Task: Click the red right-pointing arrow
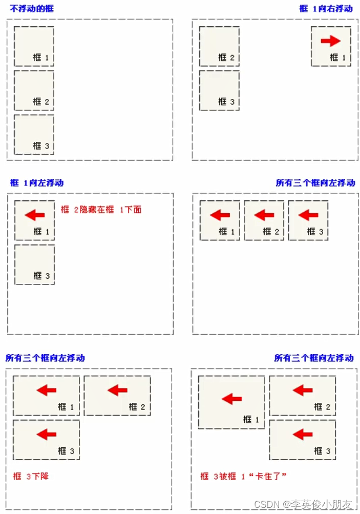point(330,41)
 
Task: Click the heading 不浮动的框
point(31,9)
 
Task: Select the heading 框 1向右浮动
point(326,9)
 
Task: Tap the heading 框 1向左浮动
point(37,183)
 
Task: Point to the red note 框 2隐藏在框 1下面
point(100,209)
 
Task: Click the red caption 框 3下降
point(31,476)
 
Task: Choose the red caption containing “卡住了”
point(243,476)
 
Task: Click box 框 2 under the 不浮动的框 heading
point(34,90)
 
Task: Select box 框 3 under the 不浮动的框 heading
point(34,134)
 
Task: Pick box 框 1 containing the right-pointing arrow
point(331,47)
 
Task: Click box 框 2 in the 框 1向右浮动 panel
point(219,47)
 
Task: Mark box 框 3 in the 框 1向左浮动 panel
point(34,264)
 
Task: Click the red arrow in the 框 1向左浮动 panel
point(34,215)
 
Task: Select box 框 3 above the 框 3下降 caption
point(46,440)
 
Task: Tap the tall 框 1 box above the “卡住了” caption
point(231,402)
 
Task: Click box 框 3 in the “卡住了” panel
point(303,440)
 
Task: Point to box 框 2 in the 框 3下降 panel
point(117,396)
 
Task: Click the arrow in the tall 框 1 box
point(231,398)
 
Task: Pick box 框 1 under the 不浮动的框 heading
point(34,47)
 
